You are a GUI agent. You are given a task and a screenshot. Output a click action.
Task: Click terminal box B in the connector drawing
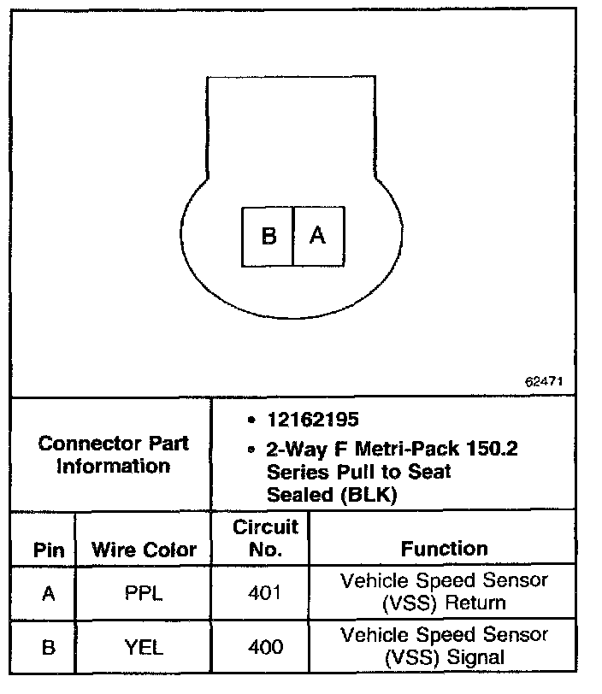[x=269, y=235]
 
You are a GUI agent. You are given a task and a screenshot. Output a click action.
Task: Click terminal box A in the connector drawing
[x=318, y=235]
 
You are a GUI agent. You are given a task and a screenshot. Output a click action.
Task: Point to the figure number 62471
[x=544, y=381]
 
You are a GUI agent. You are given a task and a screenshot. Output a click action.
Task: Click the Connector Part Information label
[x=114, y=455]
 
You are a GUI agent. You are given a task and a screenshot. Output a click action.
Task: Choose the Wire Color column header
[x=144, y=549]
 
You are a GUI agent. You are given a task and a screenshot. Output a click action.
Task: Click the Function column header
[x=444, y=548]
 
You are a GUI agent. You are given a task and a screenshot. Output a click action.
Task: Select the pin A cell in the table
[x=48, y=591]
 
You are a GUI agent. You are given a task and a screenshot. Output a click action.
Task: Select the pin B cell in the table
[x=48, y=646]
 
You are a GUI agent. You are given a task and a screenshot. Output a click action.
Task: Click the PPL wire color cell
[x=145, y=591]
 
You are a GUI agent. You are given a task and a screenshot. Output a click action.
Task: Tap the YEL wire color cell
[x=145, y=646]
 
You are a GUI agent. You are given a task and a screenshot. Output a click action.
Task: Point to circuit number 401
[x=265, y=591]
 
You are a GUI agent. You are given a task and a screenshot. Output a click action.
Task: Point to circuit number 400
[x=265, y=646]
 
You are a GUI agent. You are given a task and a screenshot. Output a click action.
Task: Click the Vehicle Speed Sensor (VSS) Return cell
[x=444, y=591]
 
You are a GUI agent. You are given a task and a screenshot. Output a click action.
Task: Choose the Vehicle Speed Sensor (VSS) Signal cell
[x=444, y=646]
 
